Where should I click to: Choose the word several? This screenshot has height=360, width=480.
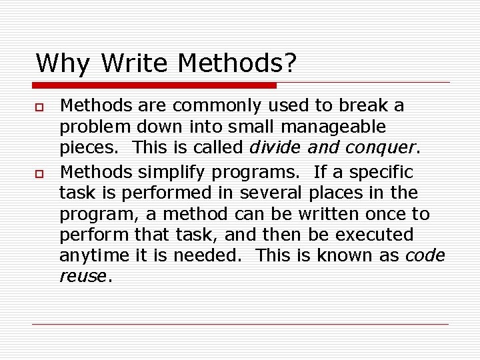coord(273,193)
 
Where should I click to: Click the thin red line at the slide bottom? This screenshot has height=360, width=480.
coord(240,325)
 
